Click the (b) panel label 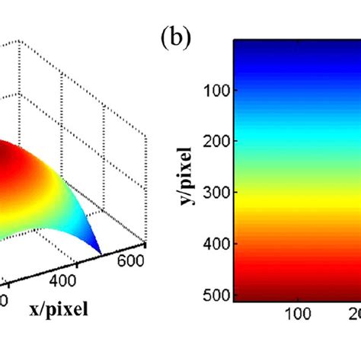click(177, 39)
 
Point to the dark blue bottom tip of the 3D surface click(100, 251)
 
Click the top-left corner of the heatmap click(235, 40)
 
